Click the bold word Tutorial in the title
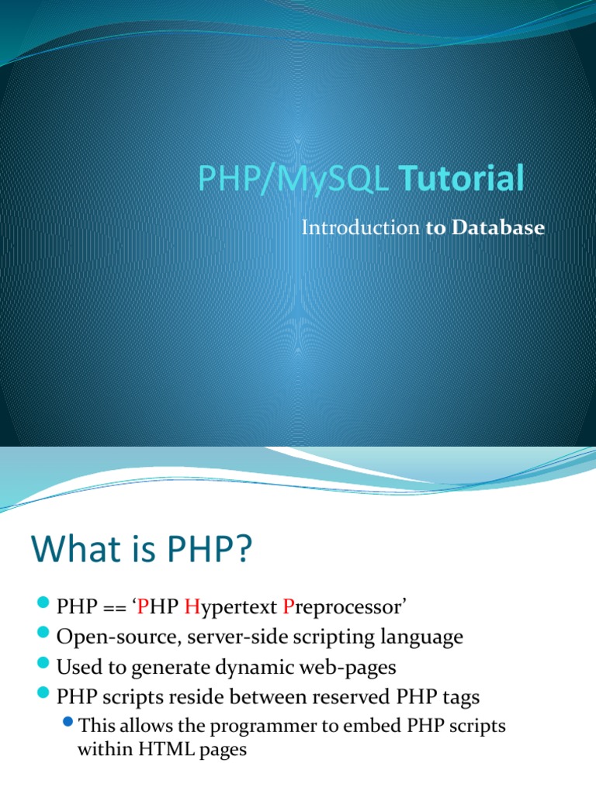tap(462, 178)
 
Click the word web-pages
tap(350, 667)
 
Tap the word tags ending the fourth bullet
tap(461, 697)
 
